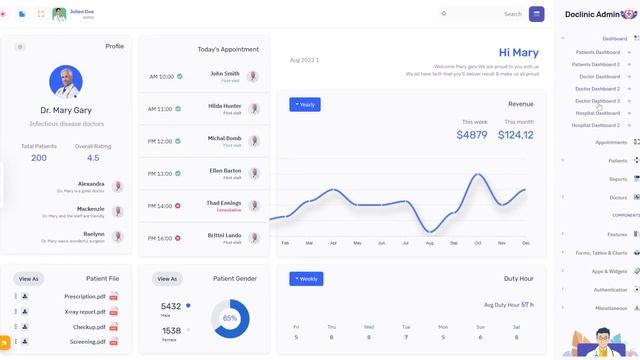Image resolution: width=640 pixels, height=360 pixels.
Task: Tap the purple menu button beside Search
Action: click(x=537, y=14)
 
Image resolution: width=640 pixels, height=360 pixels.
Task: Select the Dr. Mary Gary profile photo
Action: click(x=66, y=82)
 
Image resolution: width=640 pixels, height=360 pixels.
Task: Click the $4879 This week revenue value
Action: click(x=472, y=135)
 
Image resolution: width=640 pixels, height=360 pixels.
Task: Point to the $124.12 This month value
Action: click(x=516, y=135)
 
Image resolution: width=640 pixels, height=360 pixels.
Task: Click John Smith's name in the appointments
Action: click(x=225, y=73)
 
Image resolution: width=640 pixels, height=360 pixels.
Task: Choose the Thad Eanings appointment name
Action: click(x=224, y=203)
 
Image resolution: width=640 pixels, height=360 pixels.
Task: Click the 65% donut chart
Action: click(x=230, y=318)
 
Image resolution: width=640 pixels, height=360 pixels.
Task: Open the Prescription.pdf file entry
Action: click(x=85, y=297)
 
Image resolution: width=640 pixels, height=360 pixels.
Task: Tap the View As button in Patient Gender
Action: click(x=167, y=279)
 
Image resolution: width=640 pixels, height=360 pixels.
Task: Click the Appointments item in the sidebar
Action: click(x=611, y=142)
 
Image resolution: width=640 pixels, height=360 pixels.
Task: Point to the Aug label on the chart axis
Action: click(x=429, y=243)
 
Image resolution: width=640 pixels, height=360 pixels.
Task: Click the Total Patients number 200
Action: click(x=39, y=158)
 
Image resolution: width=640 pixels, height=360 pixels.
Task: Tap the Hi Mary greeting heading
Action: click(x=518, y=53)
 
